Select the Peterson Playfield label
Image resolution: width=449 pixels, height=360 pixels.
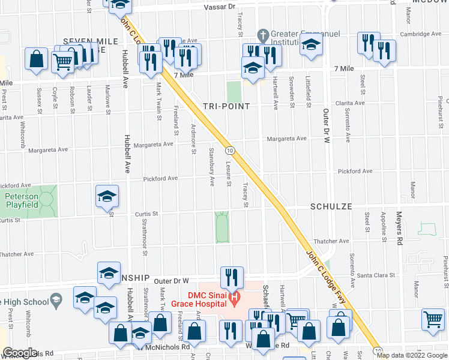(22, 200)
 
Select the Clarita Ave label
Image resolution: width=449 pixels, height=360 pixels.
(350, 103)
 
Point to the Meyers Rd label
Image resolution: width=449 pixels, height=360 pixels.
(398, 229)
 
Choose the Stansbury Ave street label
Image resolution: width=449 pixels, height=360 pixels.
(212, 166)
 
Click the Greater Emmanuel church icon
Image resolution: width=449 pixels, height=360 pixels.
(262, 34)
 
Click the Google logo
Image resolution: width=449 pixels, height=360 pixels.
(20, 353)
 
